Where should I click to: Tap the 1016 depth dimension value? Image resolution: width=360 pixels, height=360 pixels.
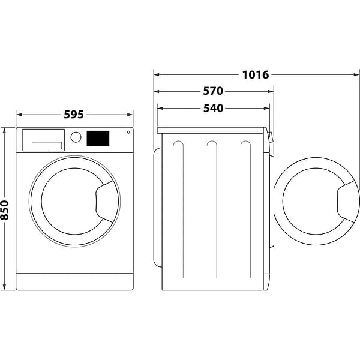(256, 75)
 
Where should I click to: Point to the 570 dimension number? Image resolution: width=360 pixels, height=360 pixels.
(212, 91)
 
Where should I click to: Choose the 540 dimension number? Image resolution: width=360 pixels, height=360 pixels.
(212, 108)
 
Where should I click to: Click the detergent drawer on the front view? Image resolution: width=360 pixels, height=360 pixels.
(43, 140)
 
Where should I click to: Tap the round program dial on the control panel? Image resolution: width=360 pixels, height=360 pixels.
(76, 137)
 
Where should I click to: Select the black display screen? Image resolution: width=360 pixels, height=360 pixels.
(98, 139)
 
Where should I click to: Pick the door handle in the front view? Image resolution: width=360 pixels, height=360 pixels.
(106, 198)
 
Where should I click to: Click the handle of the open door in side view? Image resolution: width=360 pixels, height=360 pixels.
(347, 202)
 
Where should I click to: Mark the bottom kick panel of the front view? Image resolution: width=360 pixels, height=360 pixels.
(74, 281)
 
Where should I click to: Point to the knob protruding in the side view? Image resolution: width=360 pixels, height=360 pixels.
(270, 137)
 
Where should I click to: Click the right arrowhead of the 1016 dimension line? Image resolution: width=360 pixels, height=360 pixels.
(355, 75)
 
